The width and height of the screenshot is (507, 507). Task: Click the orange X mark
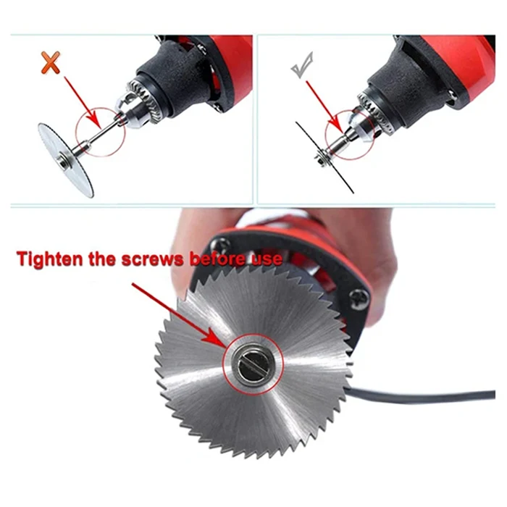pos(51,62)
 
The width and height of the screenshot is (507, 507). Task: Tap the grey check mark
pos(302,65)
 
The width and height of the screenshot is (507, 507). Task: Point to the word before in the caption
pos(219,259)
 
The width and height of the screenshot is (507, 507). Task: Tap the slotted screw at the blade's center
pos(253,364)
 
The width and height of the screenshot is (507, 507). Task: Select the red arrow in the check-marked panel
pos(324,106)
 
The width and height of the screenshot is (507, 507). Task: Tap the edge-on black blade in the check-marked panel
pos(324,158)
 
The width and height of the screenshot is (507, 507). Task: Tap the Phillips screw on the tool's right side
pos(359,300)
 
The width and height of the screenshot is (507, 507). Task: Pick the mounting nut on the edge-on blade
pos(322,158)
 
